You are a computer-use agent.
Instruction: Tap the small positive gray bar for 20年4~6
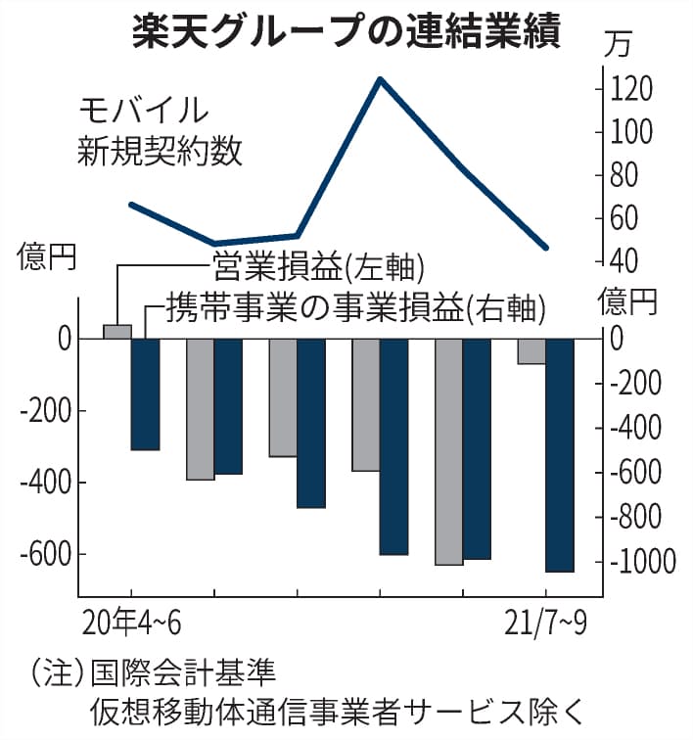pos(117,332)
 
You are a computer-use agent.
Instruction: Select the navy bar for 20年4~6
pos(145,394)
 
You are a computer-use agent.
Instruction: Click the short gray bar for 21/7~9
pos(531,351)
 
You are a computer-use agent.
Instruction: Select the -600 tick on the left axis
pos(44,554)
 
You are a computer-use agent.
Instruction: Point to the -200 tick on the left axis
pos(44,411)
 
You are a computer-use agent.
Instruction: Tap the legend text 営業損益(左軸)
pos(318,265)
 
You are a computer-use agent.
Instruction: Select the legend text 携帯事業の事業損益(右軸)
pos(354,308)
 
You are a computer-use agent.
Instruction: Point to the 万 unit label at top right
pos(618,44)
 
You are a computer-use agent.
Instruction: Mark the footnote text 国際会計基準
pos(183,674)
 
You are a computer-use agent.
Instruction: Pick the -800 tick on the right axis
pos(641,517)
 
